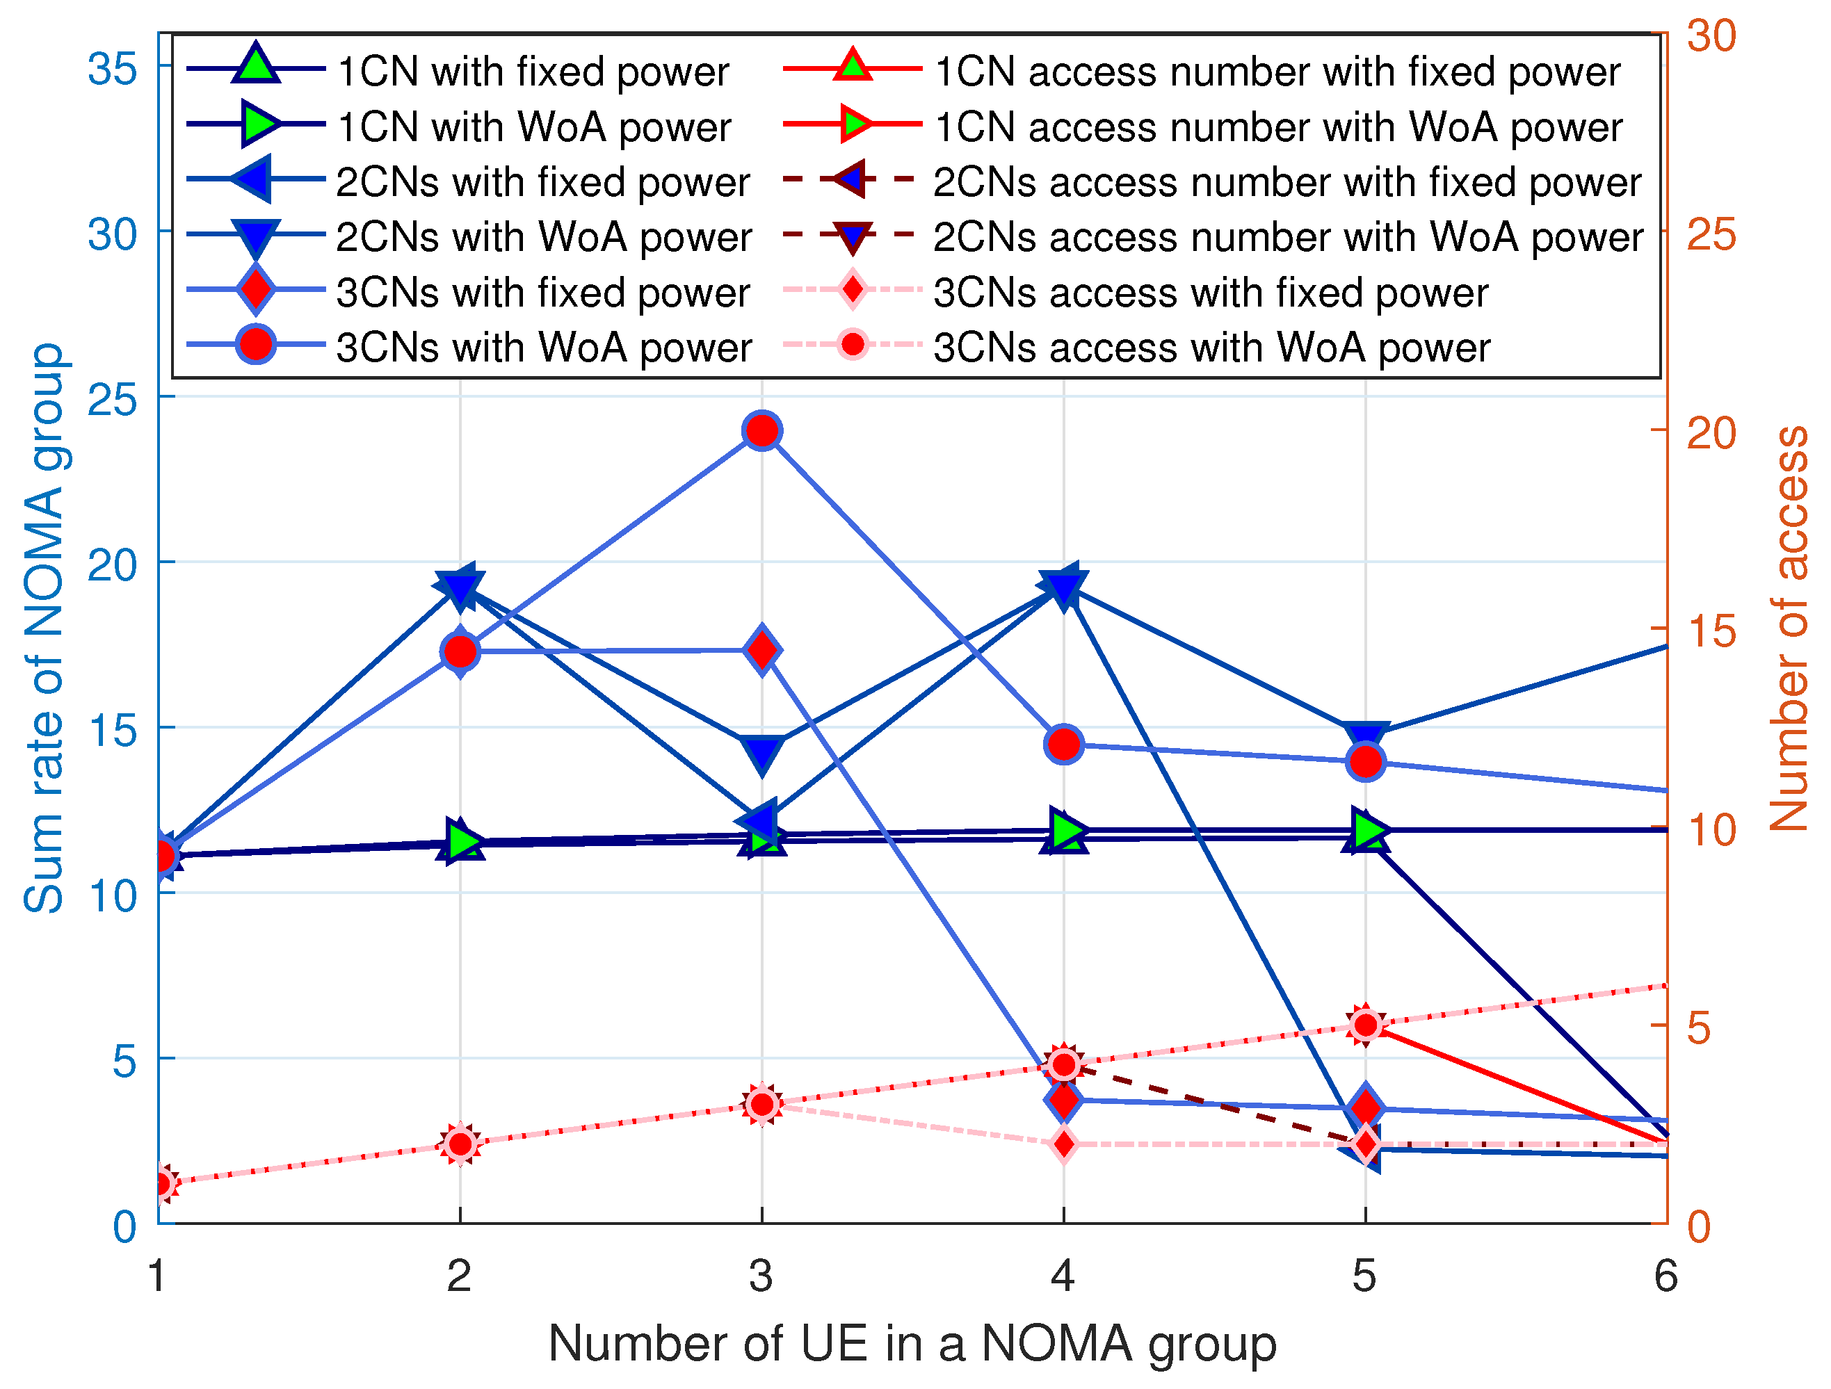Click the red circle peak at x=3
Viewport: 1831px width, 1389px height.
click(x=761, y=431)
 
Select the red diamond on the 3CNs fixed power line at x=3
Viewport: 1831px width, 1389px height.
click(x=761, y=650)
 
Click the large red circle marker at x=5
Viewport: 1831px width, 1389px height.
click(x=1365, y=761)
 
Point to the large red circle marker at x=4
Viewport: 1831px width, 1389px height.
click(x=1064, y=745)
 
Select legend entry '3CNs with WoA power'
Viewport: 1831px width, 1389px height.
click(x=544, y=348)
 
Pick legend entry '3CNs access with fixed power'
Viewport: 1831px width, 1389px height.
click(x=1210, y=293)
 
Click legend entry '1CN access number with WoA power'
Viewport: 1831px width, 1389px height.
click(x=1278, y=127)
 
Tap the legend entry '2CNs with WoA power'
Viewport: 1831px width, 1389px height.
click(x=544, y=238)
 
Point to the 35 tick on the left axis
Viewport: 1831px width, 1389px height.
click(x=113, y=69)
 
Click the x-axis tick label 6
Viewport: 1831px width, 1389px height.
click(x=1665, y=1275)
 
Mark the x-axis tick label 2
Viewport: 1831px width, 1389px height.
click(x=460, y=1275)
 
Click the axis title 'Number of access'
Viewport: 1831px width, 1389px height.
click(x=1789, y=628)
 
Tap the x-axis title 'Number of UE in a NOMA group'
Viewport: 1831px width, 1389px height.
click(x=912, y=1345)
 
